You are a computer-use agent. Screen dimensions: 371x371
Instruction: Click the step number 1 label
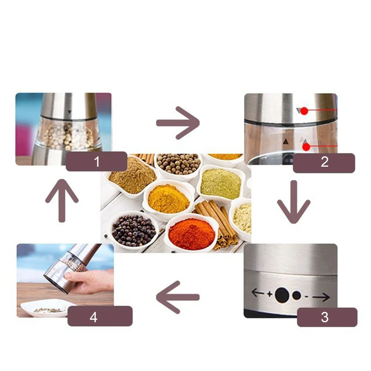point(97,162)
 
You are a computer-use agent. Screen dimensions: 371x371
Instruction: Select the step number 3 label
point(325,317)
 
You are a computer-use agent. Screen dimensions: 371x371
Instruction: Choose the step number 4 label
point(93,317)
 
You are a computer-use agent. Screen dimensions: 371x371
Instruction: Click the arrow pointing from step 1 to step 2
point(178,123)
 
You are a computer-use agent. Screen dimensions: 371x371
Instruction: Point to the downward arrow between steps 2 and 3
point(294,202)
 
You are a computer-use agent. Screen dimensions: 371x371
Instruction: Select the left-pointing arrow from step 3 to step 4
point(178,297)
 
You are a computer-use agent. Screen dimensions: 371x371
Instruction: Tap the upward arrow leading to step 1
point(62,201)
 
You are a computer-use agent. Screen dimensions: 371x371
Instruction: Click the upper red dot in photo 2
point(304,111)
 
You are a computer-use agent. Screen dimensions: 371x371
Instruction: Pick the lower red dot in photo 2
point(306,147)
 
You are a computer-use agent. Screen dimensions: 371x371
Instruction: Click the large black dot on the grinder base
point(282,295)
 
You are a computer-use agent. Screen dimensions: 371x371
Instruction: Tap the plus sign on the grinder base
point(270,294)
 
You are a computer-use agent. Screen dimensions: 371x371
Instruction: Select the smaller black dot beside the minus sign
point(296,296)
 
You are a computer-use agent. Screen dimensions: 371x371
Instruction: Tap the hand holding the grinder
point(91,281)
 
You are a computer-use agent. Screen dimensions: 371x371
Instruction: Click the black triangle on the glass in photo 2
point(286,141)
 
